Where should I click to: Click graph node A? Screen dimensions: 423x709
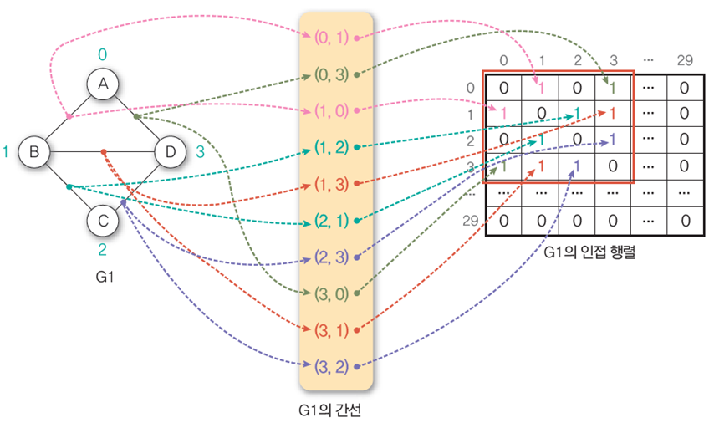pos(103,84)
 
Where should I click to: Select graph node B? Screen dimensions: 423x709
pos(34,151)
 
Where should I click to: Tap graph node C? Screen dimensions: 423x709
pos(103,221)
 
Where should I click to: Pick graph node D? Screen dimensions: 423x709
pos(171,151)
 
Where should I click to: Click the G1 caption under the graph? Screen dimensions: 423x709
pos(102,273)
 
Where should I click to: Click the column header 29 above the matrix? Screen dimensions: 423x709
pos(684,60)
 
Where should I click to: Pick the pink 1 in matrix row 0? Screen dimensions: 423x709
pos(541,87)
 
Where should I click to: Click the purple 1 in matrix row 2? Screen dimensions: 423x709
pos(613,140)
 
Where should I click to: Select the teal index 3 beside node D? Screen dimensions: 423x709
pos(199,151)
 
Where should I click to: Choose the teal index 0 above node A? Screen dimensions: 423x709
pos(103,54)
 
